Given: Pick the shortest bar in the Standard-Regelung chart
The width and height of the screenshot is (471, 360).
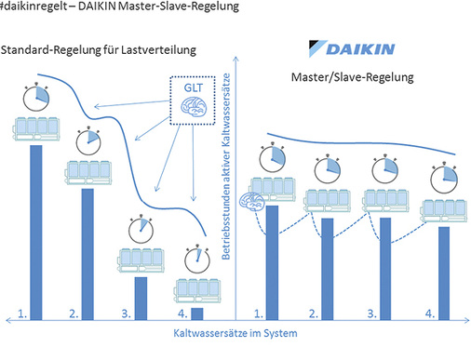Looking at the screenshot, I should (197, 312).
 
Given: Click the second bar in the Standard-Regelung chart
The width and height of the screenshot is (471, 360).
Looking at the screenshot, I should (87, 252).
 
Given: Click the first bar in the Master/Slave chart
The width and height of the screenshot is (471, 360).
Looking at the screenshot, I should (273, 261).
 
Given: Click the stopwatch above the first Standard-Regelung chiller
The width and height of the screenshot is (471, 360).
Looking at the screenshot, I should (35, 98).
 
